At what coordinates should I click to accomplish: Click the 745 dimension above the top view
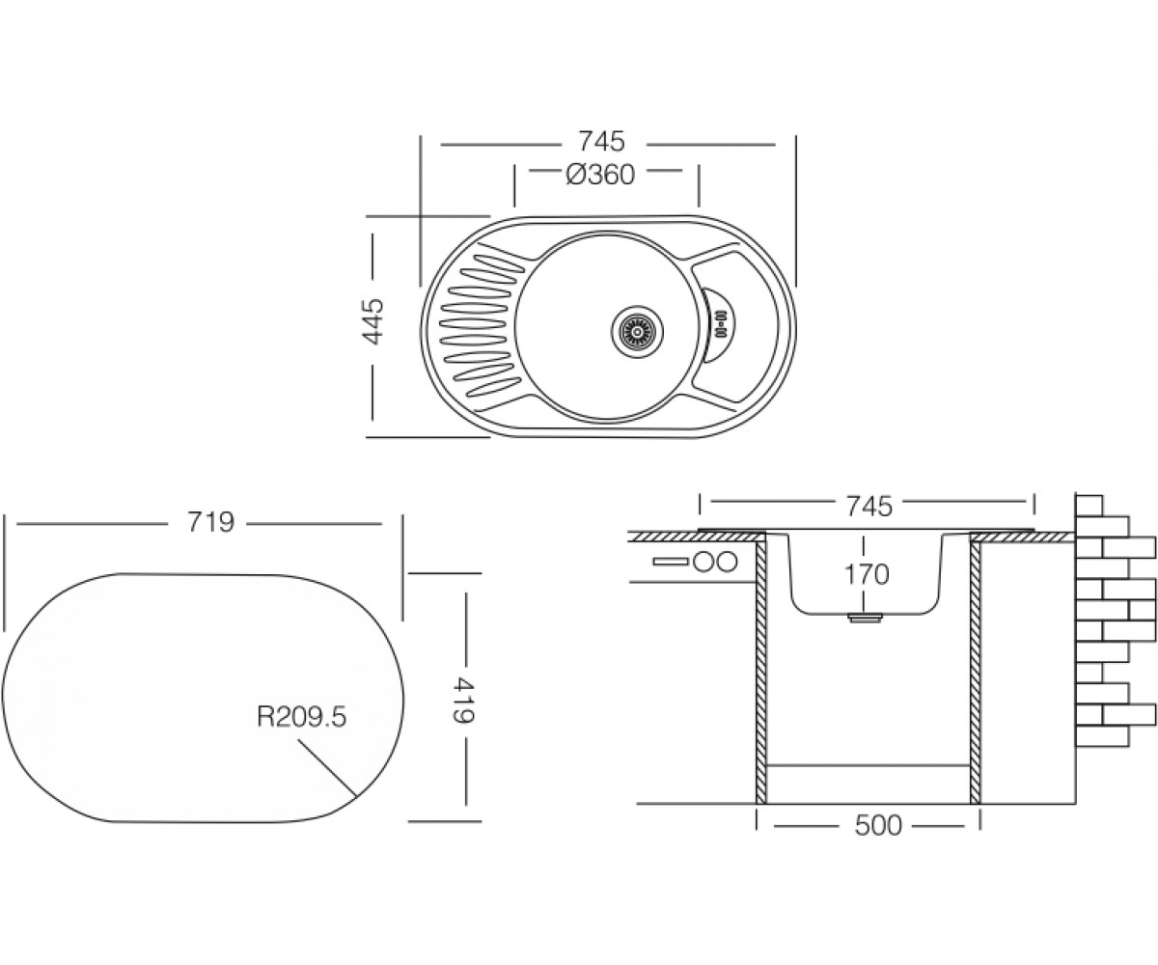(601, 142)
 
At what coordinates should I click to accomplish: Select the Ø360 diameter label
(600, 176)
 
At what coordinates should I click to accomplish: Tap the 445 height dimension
(372, 321)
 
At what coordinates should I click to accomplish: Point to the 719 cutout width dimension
(210, 522)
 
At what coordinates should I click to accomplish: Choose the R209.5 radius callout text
(302, 717)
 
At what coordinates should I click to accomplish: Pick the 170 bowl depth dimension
(867, 574)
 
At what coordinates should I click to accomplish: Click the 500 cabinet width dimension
(878, 826)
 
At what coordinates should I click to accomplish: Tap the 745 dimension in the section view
(869, 507)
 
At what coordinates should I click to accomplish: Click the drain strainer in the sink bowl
(638, 332)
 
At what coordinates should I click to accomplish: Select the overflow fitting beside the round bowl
(721, 324)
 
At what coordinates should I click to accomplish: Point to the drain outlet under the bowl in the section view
(864, 619)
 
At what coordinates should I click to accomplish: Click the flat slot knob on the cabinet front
(671, 562)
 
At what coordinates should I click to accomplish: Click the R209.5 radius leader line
(327, 768)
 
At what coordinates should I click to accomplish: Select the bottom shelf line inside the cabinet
(868, 765)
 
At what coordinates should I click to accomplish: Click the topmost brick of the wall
(1089, 506)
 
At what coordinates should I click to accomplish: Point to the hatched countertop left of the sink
(697, 537)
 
